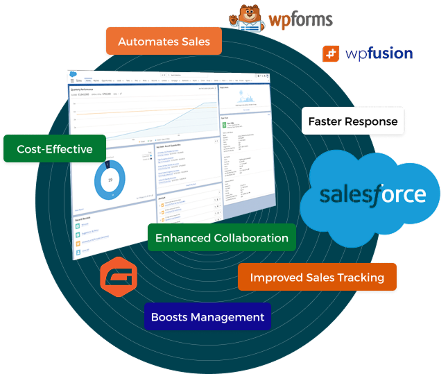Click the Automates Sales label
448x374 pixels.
pos(164,42)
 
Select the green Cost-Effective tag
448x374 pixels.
pos(55,148)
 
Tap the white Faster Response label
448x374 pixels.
pos(353,121)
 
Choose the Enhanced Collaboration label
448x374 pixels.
pos(221,238)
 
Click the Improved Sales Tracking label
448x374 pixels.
pos(317,278)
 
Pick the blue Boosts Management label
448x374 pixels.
pos(207,317)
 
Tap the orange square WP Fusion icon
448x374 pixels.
pos(331,53)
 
